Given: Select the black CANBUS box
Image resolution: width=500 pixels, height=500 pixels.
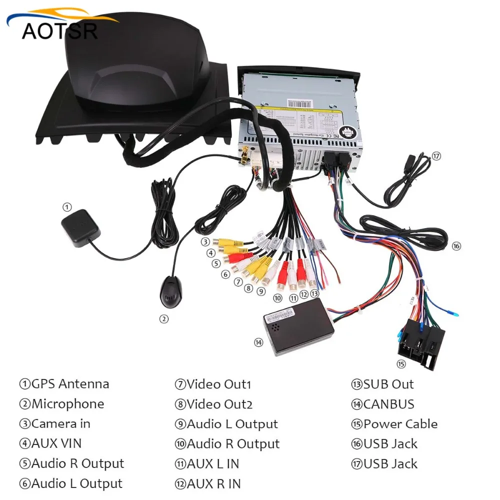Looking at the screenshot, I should pos(298,327).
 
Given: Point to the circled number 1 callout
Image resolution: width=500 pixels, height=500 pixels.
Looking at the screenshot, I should pos(67,206).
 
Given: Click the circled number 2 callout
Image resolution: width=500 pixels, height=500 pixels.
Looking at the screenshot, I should pos(163,318).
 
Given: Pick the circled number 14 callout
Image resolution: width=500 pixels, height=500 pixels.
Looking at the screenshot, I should pos(258,342).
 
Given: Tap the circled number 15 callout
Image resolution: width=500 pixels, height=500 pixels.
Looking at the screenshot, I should pos(400,363).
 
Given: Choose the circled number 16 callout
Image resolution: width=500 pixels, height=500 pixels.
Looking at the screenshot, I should pos(455,245).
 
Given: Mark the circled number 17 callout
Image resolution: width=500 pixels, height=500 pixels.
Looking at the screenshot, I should pos(436,155).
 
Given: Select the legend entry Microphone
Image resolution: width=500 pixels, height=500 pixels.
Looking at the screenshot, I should pos(62,404).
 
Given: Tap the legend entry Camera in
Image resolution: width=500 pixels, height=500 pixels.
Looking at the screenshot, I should pos(55,424).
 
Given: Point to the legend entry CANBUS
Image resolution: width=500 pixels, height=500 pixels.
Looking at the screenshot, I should pos(382,404).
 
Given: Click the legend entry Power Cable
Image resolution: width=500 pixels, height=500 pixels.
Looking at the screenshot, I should pos(394,424).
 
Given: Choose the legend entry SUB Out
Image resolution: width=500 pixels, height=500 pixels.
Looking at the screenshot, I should pos(382,384).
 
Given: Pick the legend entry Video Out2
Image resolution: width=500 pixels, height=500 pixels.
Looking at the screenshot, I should pos(213,404).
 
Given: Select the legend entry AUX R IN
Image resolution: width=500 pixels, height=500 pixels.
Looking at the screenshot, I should pos(207,483).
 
